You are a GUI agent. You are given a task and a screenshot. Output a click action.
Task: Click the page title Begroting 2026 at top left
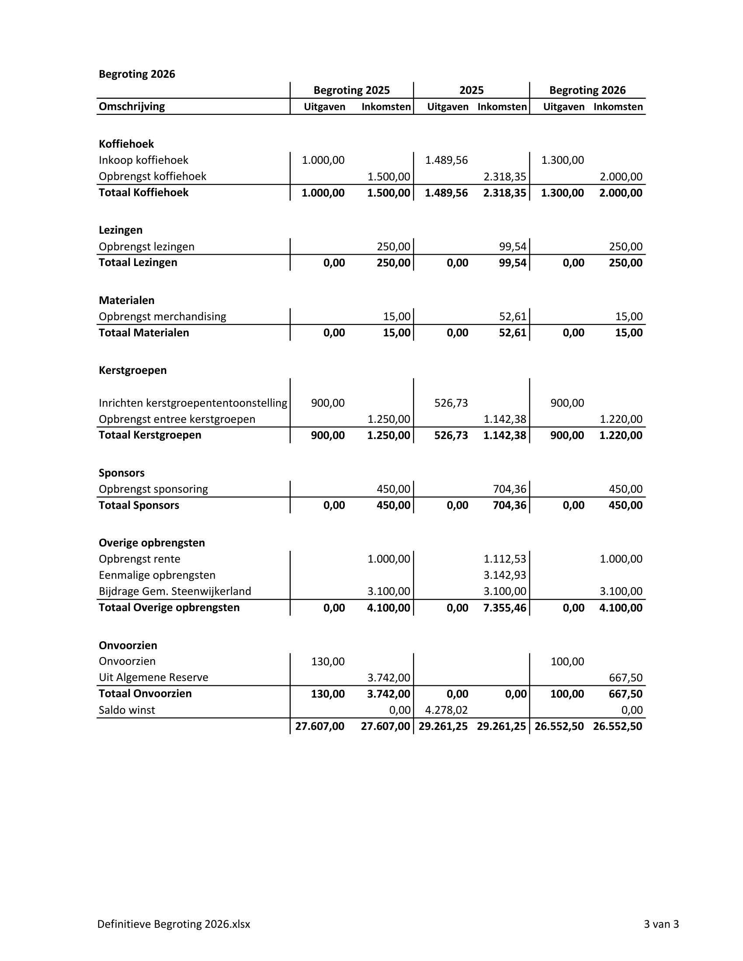coord(136,74)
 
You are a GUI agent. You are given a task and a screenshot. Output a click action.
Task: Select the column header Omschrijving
coord(132,107)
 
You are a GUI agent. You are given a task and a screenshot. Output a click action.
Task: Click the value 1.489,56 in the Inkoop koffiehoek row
coord(446,160)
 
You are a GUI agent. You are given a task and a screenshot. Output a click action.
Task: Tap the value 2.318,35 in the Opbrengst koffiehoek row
coord(504,177)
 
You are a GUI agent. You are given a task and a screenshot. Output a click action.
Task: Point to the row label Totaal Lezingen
coord(138,263)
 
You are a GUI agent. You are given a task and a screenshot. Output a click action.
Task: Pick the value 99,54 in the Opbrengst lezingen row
coord(512,247)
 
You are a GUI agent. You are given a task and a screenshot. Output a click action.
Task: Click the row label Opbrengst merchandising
coord(162,317)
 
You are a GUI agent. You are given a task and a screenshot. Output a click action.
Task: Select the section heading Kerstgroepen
coord(132,370)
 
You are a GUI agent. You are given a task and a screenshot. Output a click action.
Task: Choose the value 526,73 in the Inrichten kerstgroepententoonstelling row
coord(451,403)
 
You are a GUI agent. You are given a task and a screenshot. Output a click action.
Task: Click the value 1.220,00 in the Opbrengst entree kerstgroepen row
coord(621,419)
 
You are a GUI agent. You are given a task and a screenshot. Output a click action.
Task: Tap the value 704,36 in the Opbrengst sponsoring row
coord(509,489)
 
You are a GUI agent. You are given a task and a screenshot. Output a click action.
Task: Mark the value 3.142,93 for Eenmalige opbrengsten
coord(504,576)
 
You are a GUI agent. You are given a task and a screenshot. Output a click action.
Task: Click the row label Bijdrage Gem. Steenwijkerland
coord(175,591)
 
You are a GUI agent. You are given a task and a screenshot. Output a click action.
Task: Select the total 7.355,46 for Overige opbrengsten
coord(504,608)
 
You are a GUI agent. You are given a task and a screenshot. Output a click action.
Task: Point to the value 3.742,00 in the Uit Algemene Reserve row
coord(389,678)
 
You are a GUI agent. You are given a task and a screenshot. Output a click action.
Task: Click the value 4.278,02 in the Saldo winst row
coord(446,710)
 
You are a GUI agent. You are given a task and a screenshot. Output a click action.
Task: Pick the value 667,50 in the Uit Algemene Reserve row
coord(625,678)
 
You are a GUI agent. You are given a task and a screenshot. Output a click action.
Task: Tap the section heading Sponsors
coord(122,473)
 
